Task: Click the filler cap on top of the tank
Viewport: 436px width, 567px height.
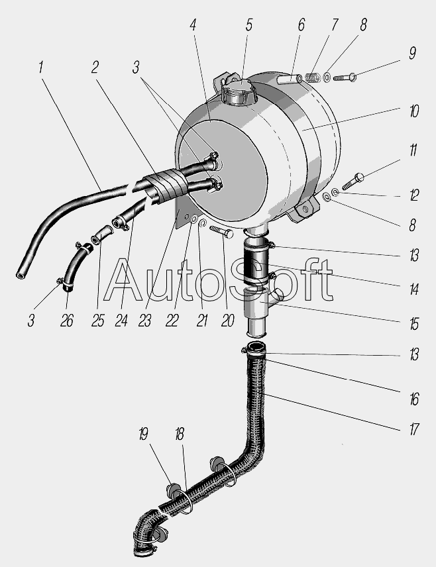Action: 239,91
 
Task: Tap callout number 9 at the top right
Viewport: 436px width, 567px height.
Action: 412,53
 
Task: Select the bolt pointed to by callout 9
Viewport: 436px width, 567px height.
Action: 345,77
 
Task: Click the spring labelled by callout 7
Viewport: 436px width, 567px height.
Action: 313,77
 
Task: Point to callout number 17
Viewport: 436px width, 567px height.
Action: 414,429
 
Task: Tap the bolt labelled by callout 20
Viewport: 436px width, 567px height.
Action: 221,231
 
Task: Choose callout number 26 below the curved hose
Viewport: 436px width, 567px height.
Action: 67,321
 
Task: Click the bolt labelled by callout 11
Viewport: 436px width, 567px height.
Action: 353,181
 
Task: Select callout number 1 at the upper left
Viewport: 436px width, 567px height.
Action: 41,68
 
